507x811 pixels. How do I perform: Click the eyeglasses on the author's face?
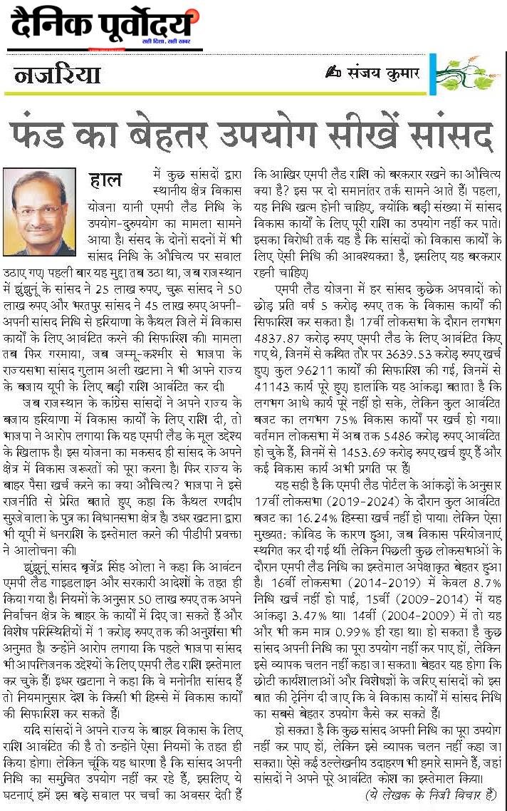[x=39, y=210]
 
